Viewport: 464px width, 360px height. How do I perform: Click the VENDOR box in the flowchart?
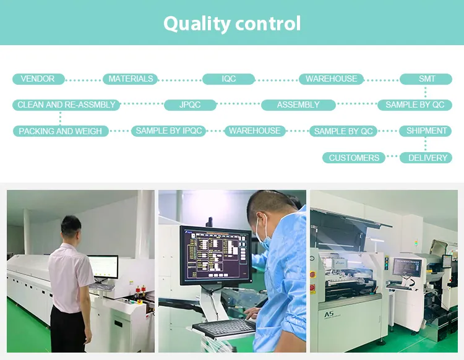coord(38,79)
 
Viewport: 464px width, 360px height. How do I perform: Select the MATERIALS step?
coord(131,79)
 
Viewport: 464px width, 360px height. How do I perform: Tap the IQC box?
coord(228,79)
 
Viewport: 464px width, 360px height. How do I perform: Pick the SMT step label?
coord(426,79)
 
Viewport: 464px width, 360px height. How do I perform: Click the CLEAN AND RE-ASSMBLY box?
coord(66,105)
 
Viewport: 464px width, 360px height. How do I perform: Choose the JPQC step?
coord(190,105)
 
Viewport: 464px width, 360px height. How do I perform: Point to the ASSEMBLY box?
coord(298,105)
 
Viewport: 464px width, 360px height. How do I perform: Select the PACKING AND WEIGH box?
coord(61,131)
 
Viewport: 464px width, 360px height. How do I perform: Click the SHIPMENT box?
coord(426,131)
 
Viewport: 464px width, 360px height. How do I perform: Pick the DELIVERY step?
coord(427,158)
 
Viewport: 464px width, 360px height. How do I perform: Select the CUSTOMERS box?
coord(354,158)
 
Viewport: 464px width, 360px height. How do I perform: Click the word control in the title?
coord(267,24)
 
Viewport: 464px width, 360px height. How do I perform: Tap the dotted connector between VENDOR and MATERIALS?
coord(83,80)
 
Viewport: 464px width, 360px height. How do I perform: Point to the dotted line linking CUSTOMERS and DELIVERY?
coord(393,158)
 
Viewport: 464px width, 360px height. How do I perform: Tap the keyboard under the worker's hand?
coord(224,327)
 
